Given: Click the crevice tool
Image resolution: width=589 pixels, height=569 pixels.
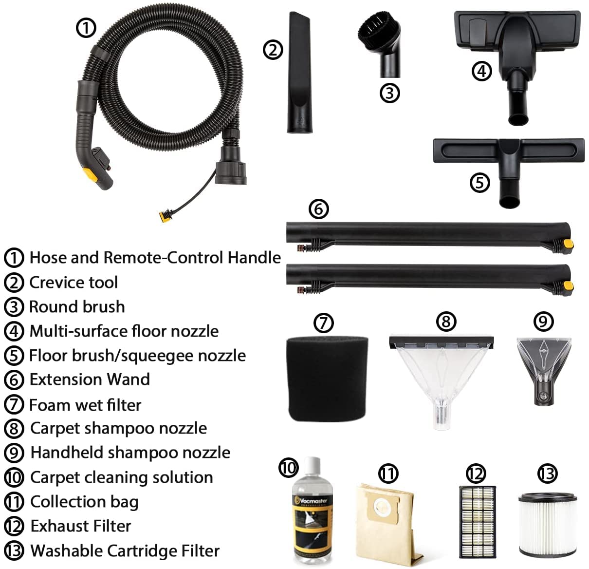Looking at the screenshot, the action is [x=299, y=72].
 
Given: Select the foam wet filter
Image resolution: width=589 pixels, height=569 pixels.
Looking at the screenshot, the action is [x=327, y=379].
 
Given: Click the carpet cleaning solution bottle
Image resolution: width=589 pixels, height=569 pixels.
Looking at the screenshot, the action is [x=312, y=512].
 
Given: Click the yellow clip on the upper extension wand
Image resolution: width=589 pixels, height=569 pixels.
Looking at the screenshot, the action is [x=568, y=243].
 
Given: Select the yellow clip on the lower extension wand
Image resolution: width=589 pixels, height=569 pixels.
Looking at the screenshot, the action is [x=568, y=285].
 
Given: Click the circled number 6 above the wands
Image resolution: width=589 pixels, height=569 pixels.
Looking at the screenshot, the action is [x=318, y=209].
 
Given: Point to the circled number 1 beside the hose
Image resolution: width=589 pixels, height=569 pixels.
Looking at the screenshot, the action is [x=86, y=28].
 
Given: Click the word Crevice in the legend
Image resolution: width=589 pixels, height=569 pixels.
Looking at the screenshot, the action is [x=54, y=283].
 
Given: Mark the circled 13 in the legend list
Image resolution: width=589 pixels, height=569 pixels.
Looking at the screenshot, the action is [x=14, y=551].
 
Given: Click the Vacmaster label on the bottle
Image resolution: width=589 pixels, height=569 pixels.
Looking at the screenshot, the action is [x=312, y=500].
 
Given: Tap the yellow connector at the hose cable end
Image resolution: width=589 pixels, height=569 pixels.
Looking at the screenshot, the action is [x=165, y=216].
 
